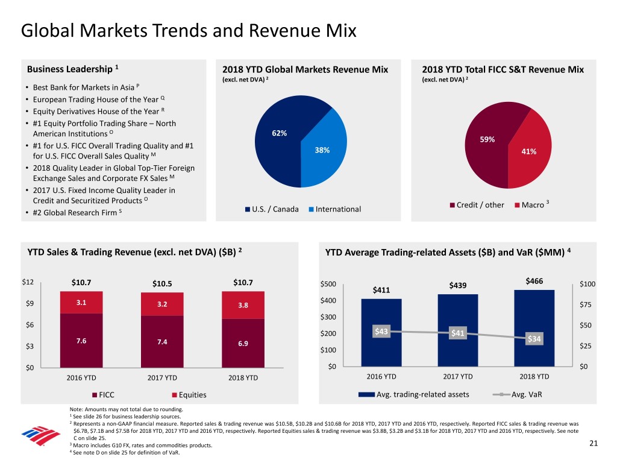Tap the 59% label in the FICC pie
tap(487, 139)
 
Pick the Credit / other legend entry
tap(477, 205)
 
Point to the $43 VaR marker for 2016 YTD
tap(381, 331)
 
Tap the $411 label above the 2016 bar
tap(381, 290)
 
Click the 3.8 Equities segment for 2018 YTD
tap(243, 305)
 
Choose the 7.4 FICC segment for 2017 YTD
tap(161, 342)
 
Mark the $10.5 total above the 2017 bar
tap(161, 285)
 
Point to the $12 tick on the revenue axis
tap(28, 282)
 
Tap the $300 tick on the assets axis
tap(328, 318)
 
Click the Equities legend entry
tap(189, 395)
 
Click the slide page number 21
tap(594, 444)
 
